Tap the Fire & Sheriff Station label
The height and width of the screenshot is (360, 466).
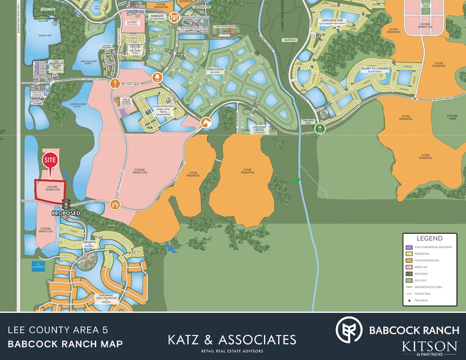(x=127, y=102)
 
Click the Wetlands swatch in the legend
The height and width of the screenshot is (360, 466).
(x=408, y=274)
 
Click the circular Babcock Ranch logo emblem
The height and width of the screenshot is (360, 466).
(x=349, y=330)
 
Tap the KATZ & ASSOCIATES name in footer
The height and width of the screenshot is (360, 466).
(x=232, y=339)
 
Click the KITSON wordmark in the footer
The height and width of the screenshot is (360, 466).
(x=429, y=347)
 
